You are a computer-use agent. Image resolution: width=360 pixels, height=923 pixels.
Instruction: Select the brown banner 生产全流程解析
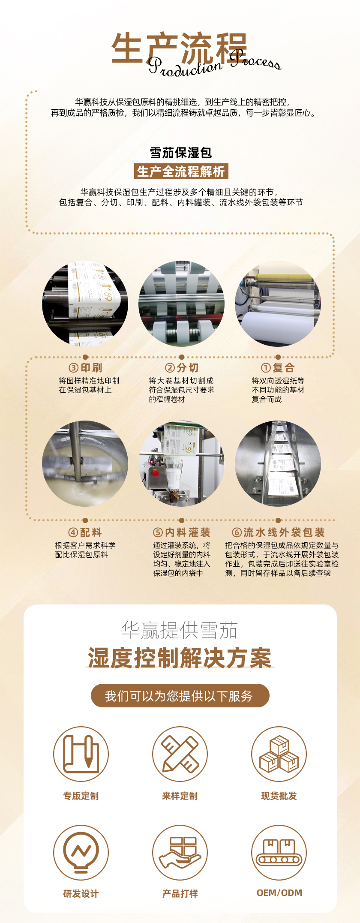[181, 171]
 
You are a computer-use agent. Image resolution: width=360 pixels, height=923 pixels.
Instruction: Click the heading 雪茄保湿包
[181, 153]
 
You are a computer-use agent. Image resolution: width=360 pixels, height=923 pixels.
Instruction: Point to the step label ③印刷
[85, 368]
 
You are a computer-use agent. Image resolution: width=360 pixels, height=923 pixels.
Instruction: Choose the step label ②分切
[182, 368]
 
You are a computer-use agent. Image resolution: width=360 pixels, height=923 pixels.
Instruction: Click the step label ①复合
[278, 368]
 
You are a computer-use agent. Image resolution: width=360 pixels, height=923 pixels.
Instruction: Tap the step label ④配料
[85, 532]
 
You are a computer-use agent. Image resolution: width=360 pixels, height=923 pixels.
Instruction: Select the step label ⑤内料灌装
[182, 532]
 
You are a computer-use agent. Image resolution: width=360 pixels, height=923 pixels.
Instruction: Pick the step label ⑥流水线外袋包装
[279, 532]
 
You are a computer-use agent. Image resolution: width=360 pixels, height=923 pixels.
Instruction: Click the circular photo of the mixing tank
[85, 463]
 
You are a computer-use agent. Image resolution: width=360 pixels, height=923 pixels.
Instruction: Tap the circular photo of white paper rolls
[278, 304]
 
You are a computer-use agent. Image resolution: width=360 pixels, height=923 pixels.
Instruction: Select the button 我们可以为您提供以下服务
[180, 696]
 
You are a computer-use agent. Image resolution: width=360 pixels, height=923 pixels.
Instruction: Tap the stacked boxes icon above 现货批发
[279, 754]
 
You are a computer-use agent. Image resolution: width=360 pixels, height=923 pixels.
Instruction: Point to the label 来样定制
[180, 796]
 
